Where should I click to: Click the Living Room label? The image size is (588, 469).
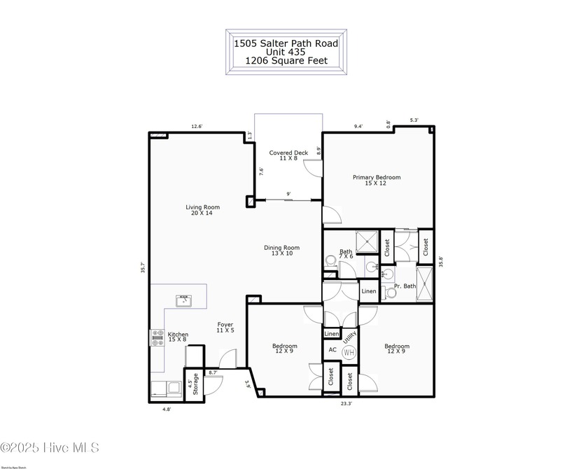202,210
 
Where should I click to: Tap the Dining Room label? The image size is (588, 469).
281,250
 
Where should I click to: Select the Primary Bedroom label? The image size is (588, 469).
377,181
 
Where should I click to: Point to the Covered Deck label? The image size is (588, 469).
288,155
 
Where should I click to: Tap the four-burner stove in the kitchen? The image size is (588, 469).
157,338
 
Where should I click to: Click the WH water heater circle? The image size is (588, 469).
349,352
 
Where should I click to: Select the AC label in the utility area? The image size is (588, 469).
332,350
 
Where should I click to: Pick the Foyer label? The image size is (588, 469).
225,328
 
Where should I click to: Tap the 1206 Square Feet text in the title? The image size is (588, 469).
286,61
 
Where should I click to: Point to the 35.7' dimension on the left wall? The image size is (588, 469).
143,267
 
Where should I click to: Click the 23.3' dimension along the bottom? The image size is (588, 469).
346,403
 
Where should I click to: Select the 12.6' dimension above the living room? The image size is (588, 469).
197,127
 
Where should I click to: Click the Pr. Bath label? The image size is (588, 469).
405,286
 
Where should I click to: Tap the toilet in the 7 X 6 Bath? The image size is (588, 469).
330,260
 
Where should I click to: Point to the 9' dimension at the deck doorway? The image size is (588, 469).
288,195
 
